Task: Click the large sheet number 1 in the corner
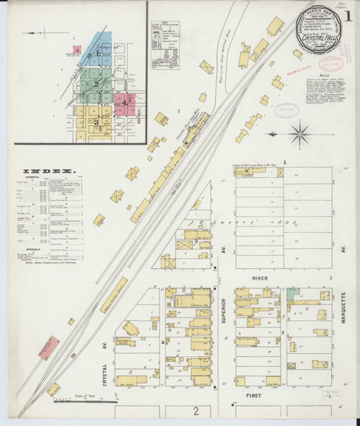[349, 13]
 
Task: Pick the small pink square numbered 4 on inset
[76, 50]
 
